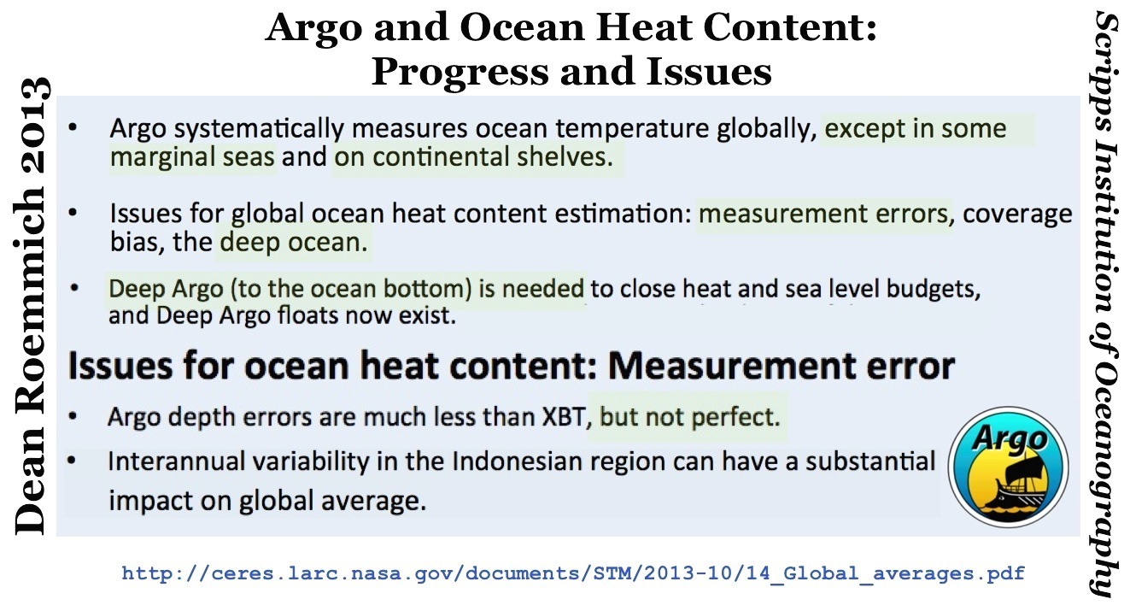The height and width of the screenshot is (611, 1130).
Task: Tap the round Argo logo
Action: coord(1008,467)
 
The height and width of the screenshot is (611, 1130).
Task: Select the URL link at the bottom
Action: coord(573,573)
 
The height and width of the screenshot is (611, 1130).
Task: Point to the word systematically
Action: coord(259,129)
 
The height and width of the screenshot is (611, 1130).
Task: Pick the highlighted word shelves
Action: coord(565,157)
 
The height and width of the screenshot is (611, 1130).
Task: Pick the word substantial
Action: coord(870,461)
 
